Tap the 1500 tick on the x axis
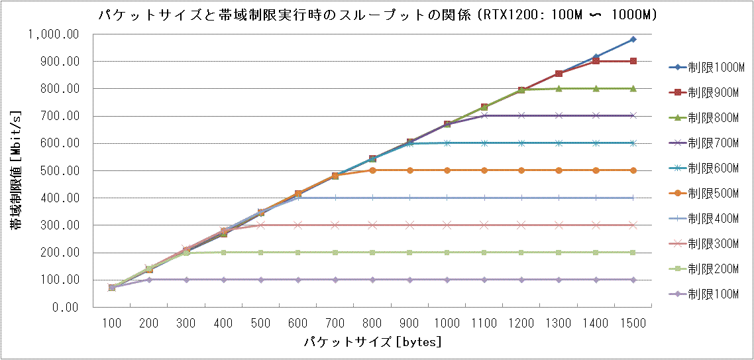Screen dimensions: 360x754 tap(633, 323)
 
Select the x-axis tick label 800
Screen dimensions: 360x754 tap(372, 323)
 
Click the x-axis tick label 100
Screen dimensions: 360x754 tap(112, 323)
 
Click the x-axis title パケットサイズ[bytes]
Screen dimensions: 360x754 tap(372, 342)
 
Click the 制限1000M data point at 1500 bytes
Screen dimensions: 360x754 tap(633, 39)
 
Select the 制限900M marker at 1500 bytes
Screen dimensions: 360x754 tap(633, 61)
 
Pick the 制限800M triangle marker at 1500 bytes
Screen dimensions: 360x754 tap(633, 88)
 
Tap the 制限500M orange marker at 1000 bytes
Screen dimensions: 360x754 tap(447, 170)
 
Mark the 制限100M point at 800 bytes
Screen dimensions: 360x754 tap(372, 280)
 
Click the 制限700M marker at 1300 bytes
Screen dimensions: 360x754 tap(559, 115)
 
